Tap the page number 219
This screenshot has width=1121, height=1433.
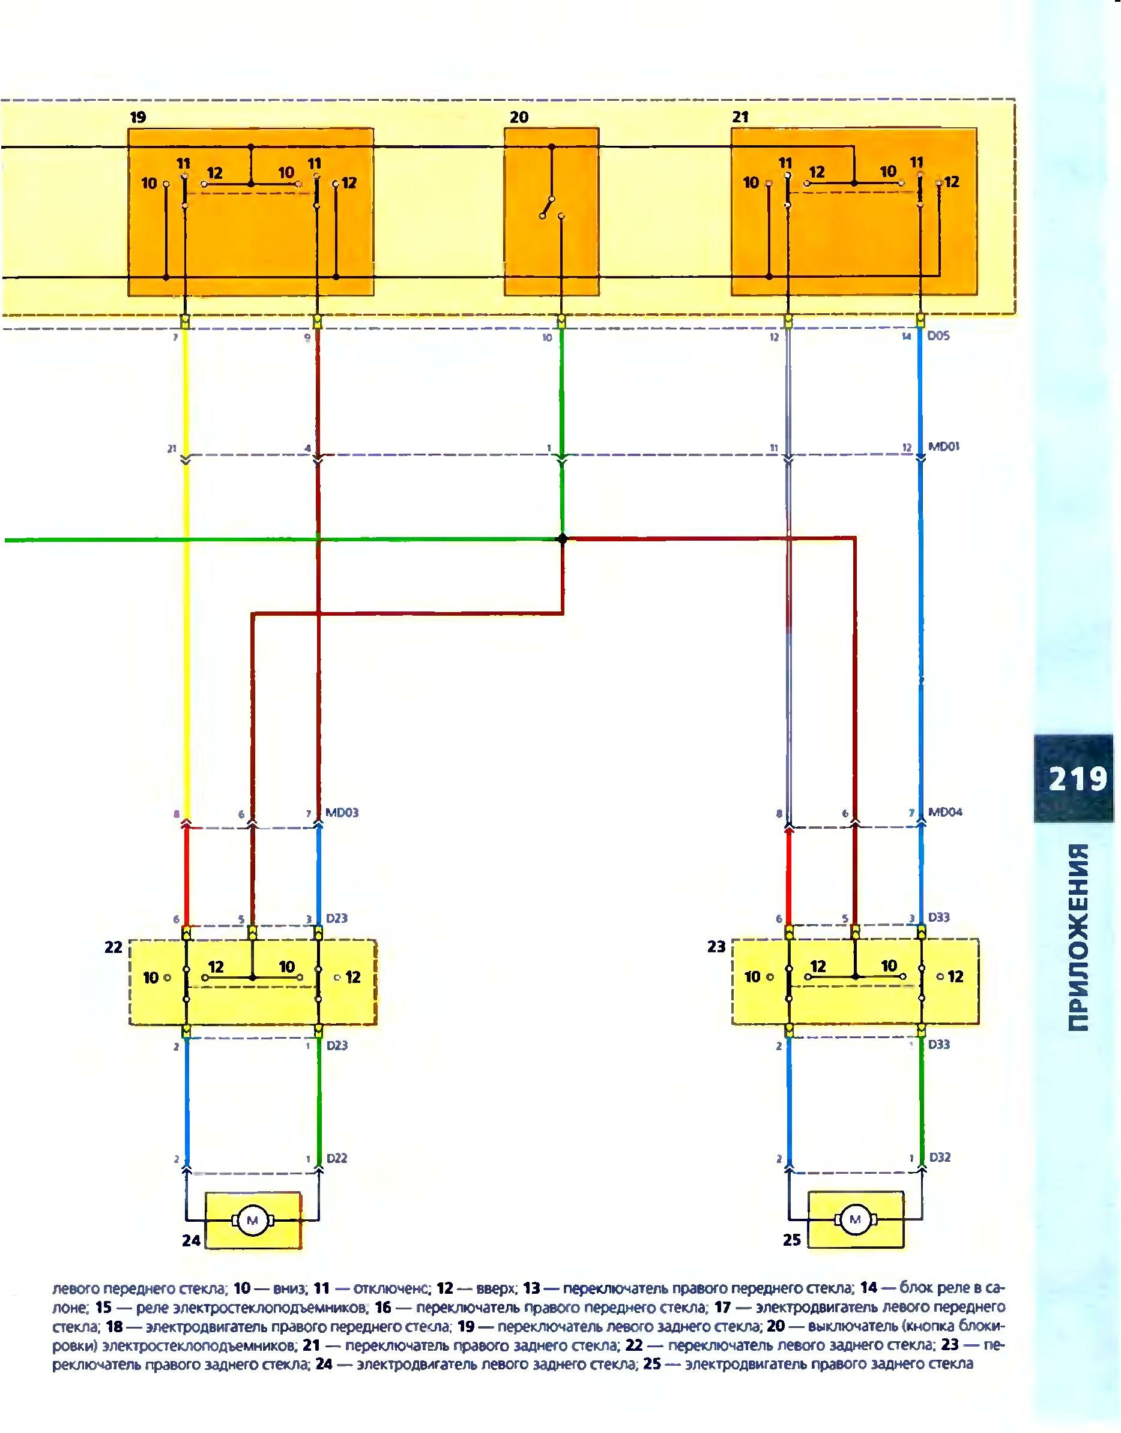point(1077,780)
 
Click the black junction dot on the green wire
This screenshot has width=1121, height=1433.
point(562,539)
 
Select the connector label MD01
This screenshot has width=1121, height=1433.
point(944,447)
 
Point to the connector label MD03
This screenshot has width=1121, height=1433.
point(342,813)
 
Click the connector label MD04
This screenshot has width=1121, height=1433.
point(945,813)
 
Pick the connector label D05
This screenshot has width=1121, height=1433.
point(938,336)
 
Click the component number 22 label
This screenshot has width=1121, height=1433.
point(113,947)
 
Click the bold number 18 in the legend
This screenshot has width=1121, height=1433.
point(114,1326)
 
